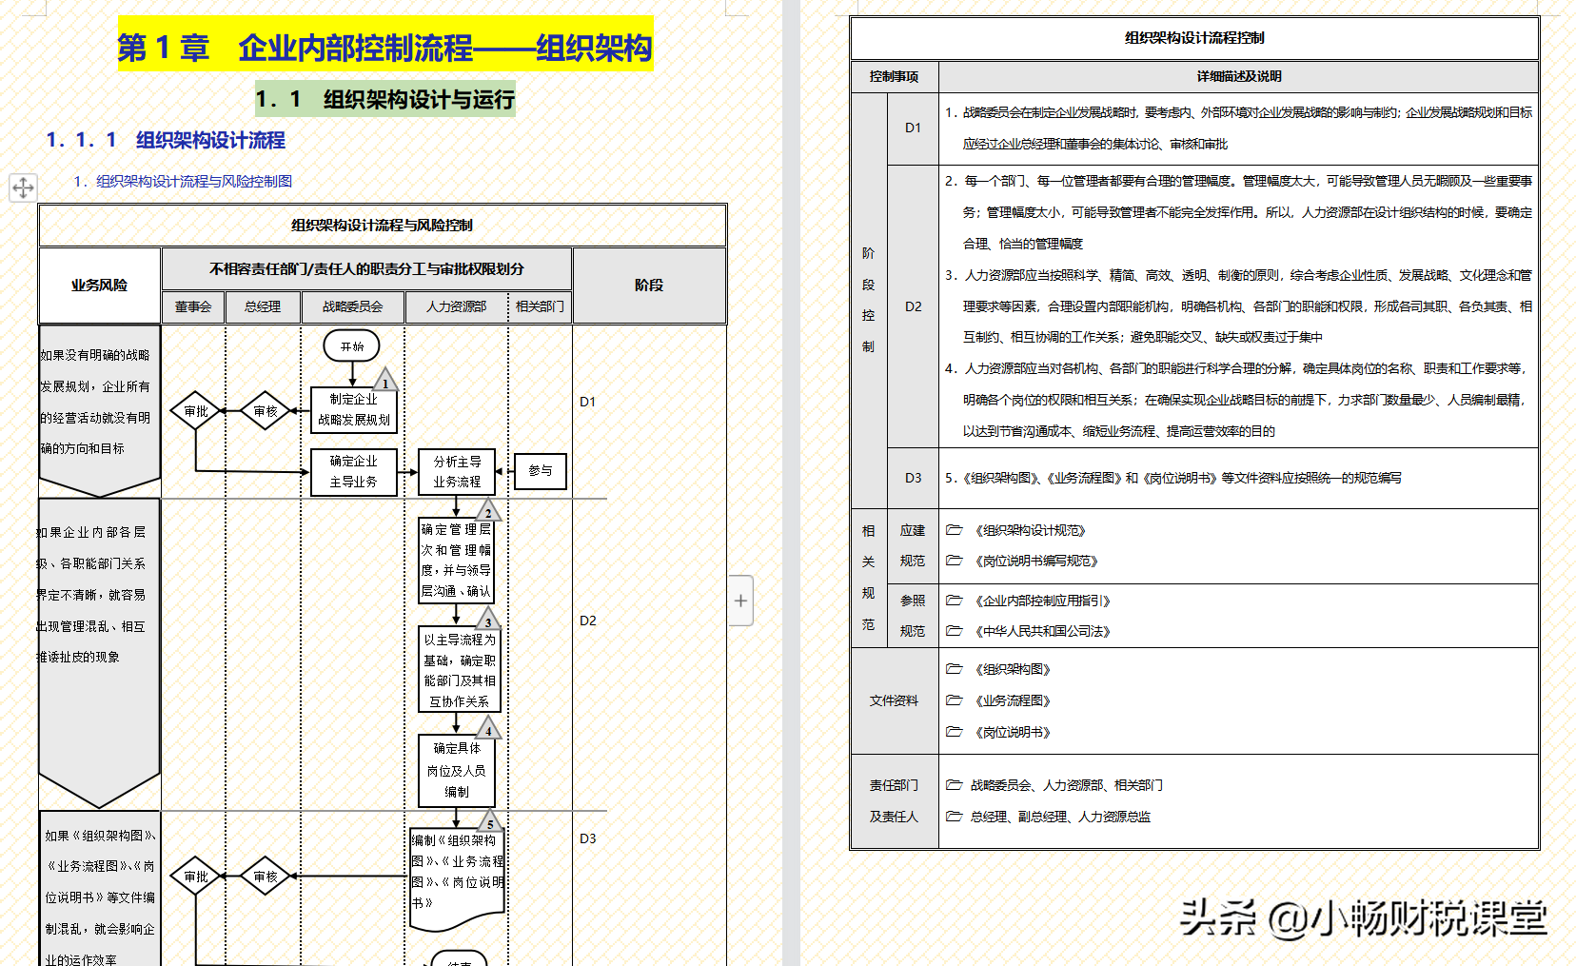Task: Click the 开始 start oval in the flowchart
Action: pos(351,346)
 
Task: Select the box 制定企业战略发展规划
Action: pos(353,409)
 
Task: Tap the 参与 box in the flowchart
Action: pos(541,471)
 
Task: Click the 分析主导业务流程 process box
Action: pos(457,472)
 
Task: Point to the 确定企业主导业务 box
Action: pos(353,472)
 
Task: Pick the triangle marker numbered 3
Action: pos(488,621)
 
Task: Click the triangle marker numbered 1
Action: pos(384,381)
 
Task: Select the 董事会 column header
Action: pos(193,306)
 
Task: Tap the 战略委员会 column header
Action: pos(352,306)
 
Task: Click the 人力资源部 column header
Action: pos(456,306)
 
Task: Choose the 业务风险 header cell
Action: pos(99,286)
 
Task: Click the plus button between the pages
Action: pos(740,601)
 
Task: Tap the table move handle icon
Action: pos(23,187)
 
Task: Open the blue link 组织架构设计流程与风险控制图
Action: pos(193,181)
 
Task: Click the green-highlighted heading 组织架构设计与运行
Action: pos(385,99)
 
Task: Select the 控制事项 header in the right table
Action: pos(894,76)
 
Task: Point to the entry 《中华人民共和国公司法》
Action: pos(1041,631)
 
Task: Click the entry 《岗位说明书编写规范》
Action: pos(1035,561)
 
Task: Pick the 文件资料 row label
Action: pos(894,700)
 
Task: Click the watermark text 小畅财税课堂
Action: pos(1428,918)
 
